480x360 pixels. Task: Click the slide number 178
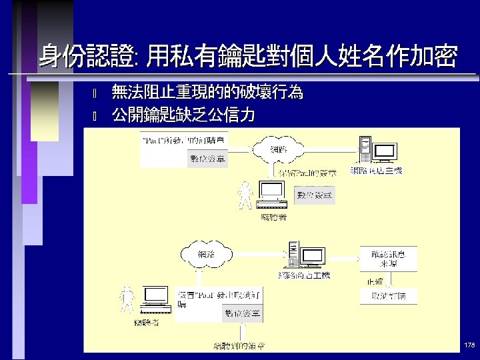click(x=469, y=345)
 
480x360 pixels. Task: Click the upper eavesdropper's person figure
click(x=245, y=195)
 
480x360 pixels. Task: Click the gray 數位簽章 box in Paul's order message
click(x=208, y=159)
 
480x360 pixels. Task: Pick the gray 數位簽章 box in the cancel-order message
click(x=242, y=313)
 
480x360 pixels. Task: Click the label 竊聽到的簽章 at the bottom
click(x=239, y=346)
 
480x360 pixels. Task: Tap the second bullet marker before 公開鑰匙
click(x=95, y=116)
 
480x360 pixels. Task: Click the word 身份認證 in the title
click(x=85, y=57)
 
